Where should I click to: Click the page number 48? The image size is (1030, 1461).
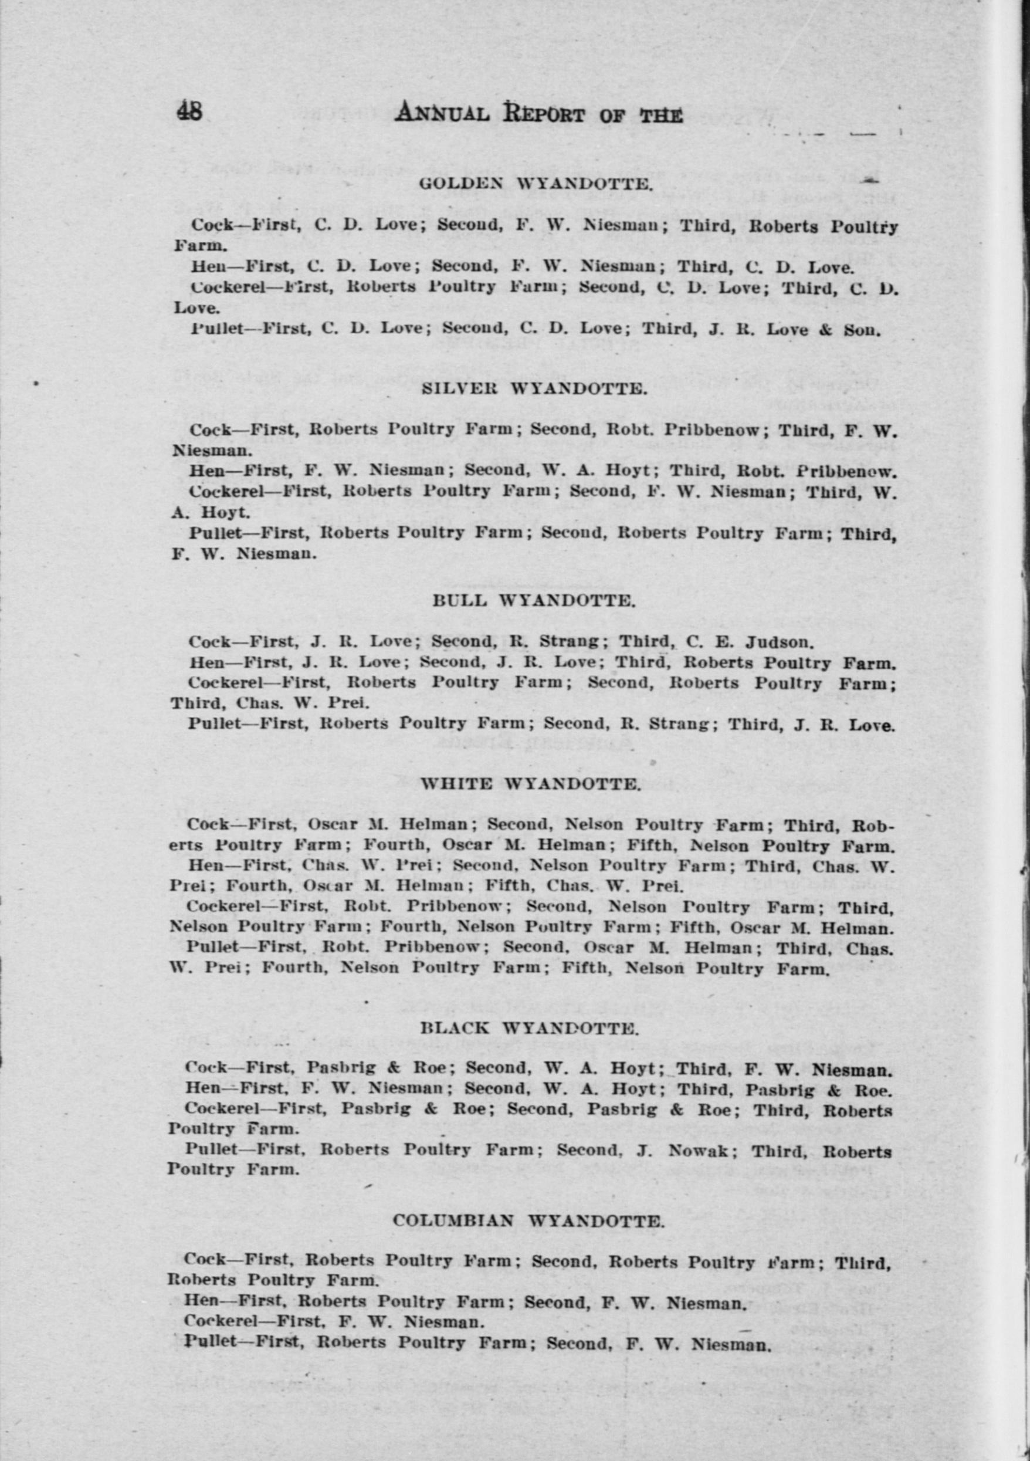coord(190,113)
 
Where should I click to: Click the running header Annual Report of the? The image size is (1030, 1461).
coord(538,115)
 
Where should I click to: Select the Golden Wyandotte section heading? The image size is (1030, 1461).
coord(536,185)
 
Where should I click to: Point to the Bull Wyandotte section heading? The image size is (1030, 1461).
coord(534,600)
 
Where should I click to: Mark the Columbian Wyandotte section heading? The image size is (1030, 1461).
coord(528,1221)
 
